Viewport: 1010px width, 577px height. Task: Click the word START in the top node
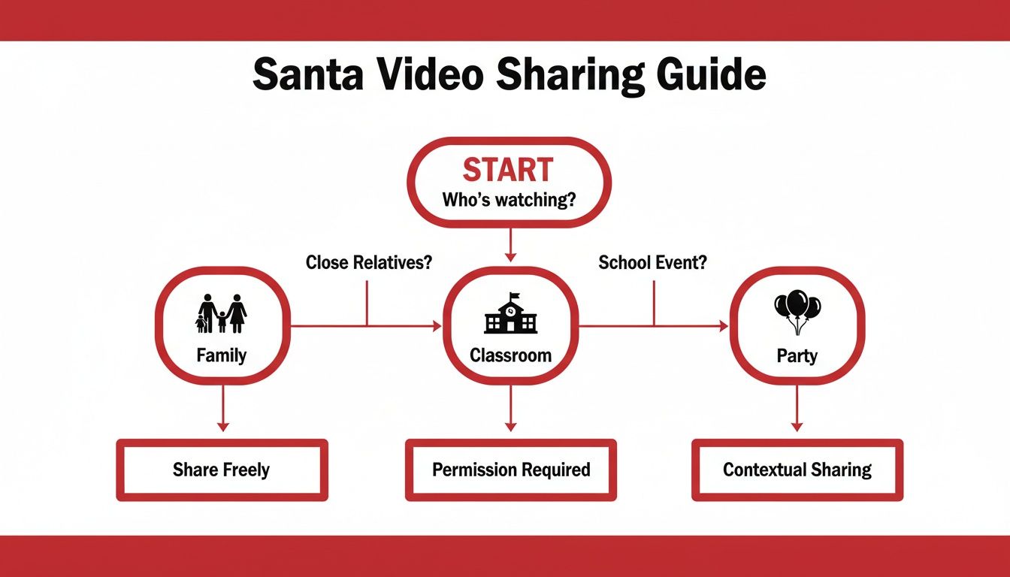pyautogui.click(x=509, y=170)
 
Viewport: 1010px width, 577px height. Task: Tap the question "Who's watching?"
pyautogui.click(x=509, y=201)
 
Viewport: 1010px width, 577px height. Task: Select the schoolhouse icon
pyautogui.click(x=510, y=314)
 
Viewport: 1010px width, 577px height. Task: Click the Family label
pyautogui.click(x=222, y=355)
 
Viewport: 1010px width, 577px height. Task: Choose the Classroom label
pyautogui.click(x=510, y=355)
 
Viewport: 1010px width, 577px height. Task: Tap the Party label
pyautogui.click(x=797, y=355)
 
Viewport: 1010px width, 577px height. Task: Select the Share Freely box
pyautogui.click(x=222, y=470)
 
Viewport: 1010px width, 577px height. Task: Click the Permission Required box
pyautogui.click(x=511, y=470)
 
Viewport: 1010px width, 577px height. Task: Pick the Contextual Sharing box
pyautogui.click(x=797, y=470)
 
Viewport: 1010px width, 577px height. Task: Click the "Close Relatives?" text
pyautogui.click(x=369, y=263)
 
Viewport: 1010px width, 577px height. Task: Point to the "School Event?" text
pyautogui.click(x=653, y=263)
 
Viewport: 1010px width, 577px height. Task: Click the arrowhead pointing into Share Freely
pyautogui.click(x=222, y=426)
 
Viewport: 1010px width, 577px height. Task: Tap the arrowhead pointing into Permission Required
pyautogui.click(x=510, y=426)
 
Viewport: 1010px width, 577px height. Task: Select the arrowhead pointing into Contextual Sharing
pyautogui.click(x=797, y=426)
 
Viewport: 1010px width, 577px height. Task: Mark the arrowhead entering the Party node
pyautogui.click(x=724, y=326)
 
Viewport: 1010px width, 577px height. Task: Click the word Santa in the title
pyautogui.click(x=305, y=76)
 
